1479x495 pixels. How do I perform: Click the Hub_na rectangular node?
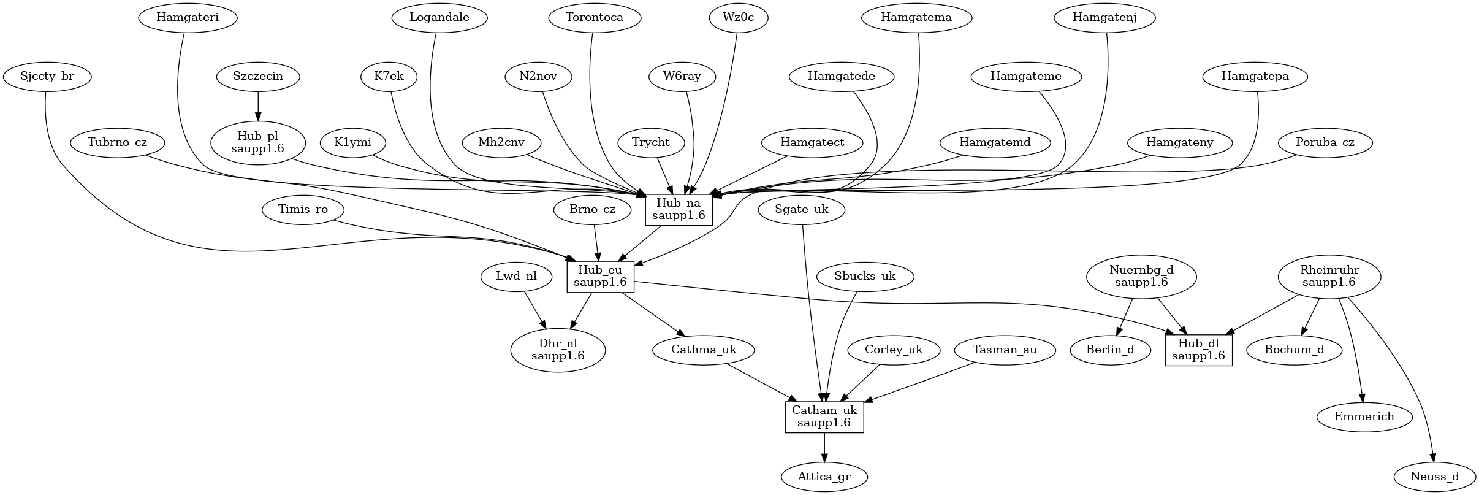point(679,210)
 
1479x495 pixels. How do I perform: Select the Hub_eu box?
point(600,277)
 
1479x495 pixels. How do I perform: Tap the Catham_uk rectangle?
point(824,417)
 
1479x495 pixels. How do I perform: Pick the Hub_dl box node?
point(1198,350)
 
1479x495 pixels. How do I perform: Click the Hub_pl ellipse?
point(257,143)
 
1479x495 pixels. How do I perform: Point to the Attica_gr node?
point(824,477)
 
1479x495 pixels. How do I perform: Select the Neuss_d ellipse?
point(1434,477)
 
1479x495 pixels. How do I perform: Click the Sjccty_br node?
point(47,77)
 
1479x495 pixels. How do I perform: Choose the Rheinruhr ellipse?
point(1329,277)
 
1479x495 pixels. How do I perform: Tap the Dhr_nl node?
point(558,350)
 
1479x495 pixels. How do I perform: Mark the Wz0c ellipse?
point(739,17)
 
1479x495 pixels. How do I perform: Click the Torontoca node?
point(595,17)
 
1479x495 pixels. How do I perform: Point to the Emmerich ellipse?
point(1364,417)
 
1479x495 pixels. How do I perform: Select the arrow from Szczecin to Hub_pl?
point(258,107)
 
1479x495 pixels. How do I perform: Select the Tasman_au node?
point(1005,350)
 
